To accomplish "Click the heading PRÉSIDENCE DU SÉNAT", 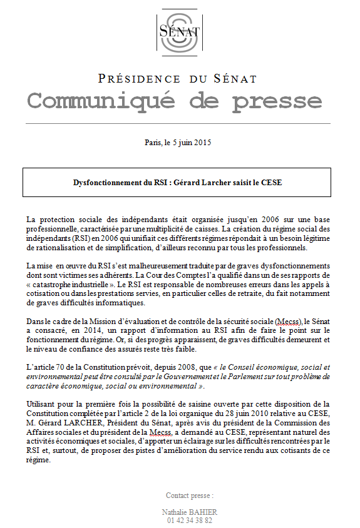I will [x=178, y=79].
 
